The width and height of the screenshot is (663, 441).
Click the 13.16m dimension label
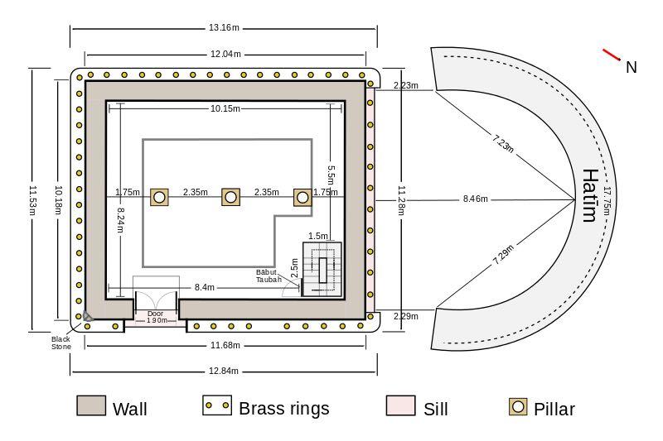[224, 28]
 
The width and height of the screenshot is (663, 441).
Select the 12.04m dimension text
[225, 54]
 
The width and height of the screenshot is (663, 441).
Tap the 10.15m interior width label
[225, 108]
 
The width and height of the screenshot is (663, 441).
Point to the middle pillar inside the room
[230, 197]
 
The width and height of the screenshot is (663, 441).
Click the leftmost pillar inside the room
[159, 197]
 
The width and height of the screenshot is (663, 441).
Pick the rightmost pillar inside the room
[302, 197]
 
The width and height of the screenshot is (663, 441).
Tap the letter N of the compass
[632, 68]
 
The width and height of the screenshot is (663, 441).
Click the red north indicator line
[612, 55]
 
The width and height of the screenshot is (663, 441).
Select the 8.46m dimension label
[475, 199]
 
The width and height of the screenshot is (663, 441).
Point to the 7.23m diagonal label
[503, 143]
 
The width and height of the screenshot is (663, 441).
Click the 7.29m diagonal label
[503, 255]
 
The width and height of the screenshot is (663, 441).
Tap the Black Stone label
[61, 343]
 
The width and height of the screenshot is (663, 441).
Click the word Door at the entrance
[155, 314]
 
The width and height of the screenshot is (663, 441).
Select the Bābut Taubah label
[269, 276]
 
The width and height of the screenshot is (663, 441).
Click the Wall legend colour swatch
[91, 405]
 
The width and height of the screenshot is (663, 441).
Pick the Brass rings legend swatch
[217, 405]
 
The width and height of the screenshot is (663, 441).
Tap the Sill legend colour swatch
[400, 405]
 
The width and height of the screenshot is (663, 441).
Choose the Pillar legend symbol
[518, 407]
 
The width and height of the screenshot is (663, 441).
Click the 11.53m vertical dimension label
[32, 200]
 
